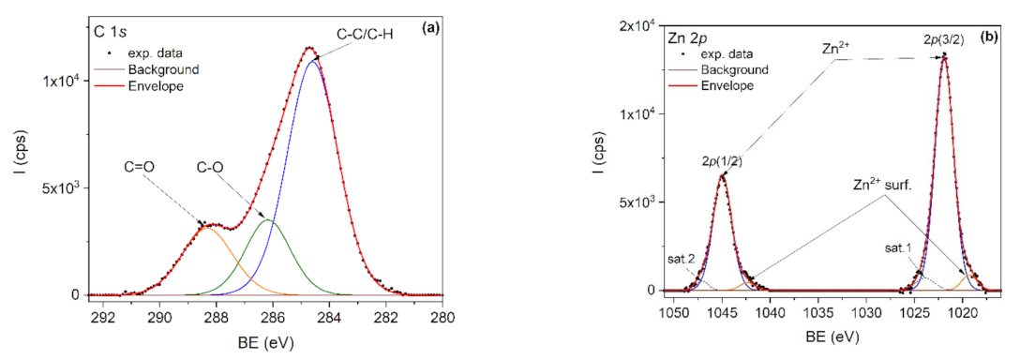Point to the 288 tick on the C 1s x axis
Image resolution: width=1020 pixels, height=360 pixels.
(217, 315)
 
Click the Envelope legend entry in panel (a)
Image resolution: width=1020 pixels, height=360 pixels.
(164, 86)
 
